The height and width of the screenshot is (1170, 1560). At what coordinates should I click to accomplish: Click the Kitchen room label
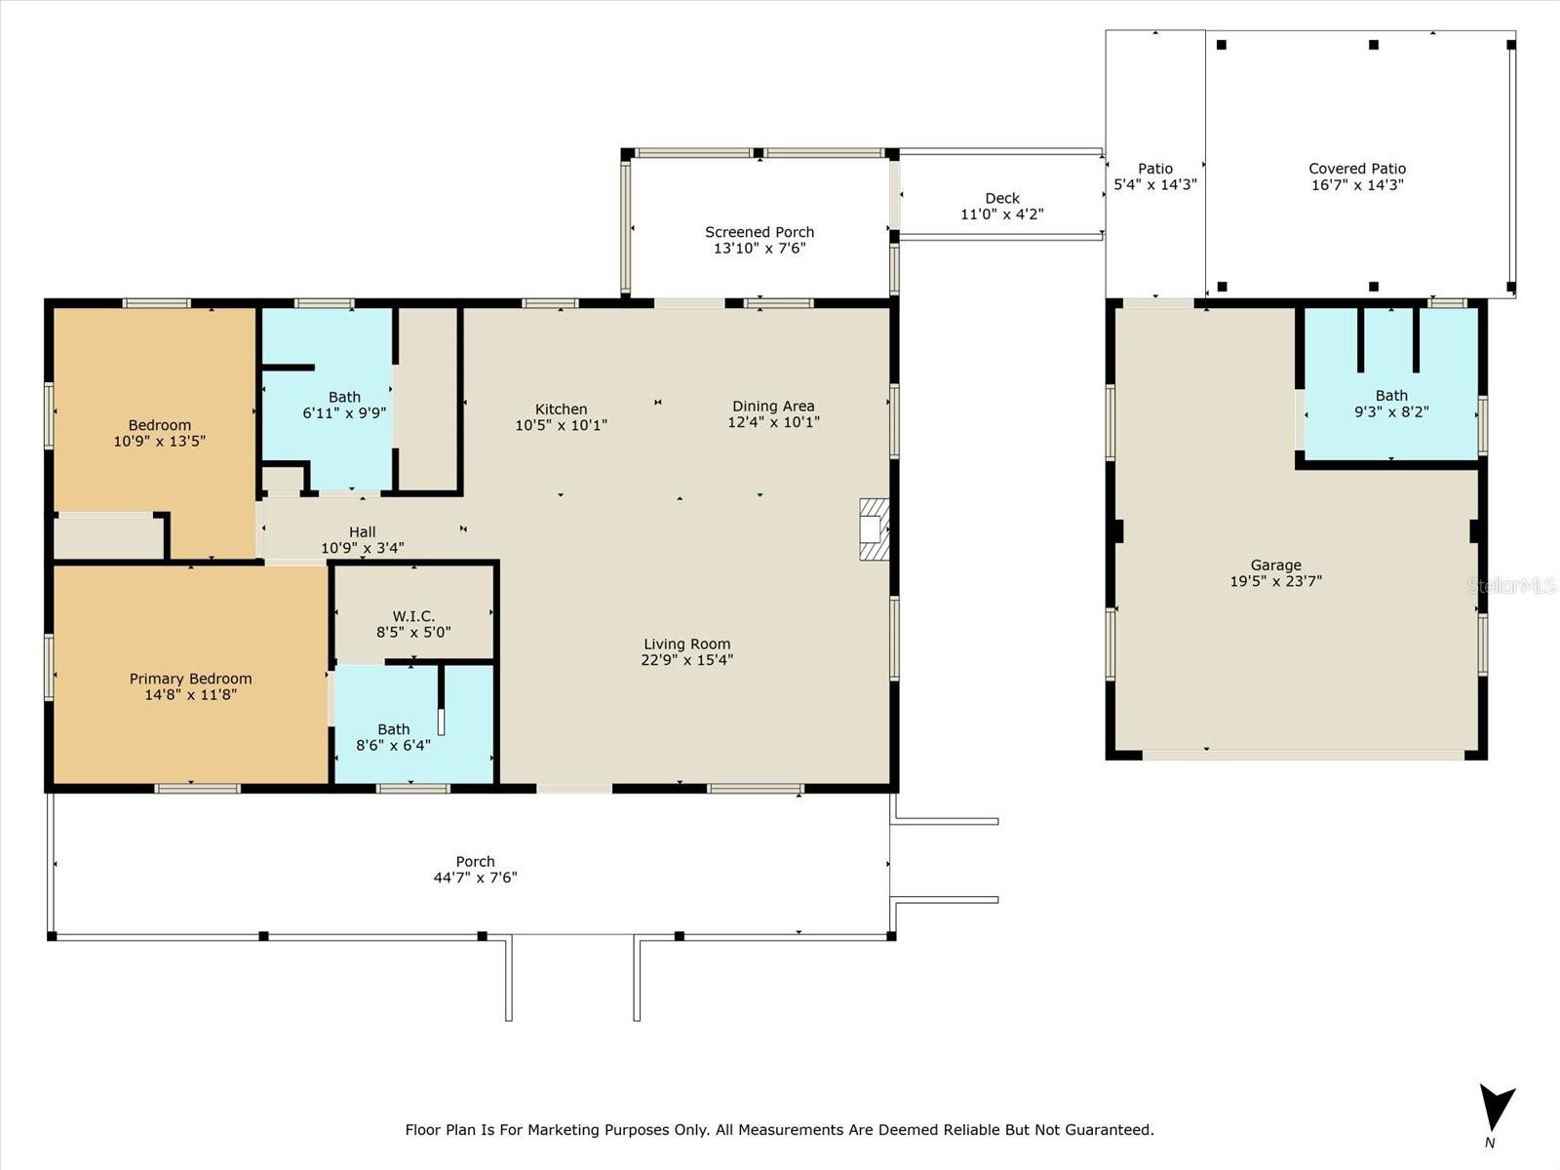click(x=561, y=409)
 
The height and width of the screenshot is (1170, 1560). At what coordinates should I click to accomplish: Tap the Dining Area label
click(x=773, y=407)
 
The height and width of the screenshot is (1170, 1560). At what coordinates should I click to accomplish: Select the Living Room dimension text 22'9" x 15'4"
click(x=686, y=660)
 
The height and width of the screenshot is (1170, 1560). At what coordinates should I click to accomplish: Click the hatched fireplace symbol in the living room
click(x=874, y=528)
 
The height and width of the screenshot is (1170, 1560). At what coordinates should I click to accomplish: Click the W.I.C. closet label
click(x=413, y=616)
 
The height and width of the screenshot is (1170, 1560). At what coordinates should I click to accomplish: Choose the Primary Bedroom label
click(x=190, y=679)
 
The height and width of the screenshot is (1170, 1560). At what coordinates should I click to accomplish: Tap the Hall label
click(x=363, y=532)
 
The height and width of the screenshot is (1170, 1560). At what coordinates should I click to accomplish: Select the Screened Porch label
click(x=759, y=232)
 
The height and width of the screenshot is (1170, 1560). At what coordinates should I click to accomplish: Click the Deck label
click(x=1002, y=198)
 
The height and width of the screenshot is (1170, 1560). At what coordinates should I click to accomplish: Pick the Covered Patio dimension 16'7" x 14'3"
click(x=1357, y=184)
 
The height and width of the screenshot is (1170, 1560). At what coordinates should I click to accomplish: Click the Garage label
click(x=1275, y=565)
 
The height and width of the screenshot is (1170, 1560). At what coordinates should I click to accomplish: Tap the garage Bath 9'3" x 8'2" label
click(x=1391, y=404)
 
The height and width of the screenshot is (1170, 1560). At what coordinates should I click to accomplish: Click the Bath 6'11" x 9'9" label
click(x=344, y=405)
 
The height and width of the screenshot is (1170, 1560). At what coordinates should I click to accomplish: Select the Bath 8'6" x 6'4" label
click(x=393, y=737)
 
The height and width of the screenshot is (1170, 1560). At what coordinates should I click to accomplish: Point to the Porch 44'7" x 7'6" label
click(x=475, y=869)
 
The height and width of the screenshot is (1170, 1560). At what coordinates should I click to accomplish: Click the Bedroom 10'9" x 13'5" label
click(x=159, y=433)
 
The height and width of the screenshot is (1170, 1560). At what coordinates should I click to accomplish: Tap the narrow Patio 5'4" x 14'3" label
click(x=1155, y=175)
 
